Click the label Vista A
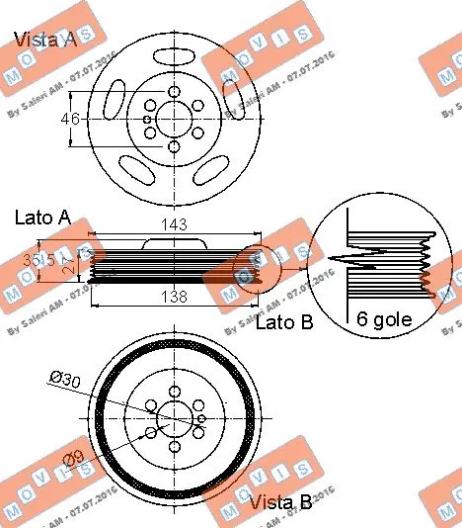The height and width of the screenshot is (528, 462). pos(43,41)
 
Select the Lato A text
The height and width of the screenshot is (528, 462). pos(42,217)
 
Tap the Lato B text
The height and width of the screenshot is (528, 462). pos(284,322)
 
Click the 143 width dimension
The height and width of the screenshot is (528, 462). pos(174,225)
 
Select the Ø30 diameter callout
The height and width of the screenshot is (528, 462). pos(66,377)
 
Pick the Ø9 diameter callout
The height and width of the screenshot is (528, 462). pos(72,458)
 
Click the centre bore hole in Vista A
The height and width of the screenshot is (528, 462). pos(174,119)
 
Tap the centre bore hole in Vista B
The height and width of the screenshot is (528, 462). pos(176,420)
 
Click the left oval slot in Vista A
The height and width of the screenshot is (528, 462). pos(115,102)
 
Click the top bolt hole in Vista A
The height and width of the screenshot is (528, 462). pos(174,92)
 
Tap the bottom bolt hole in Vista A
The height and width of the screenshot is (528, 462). pos(174,147)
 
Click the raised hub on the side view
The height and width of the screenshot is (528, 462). pos(174,242)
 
